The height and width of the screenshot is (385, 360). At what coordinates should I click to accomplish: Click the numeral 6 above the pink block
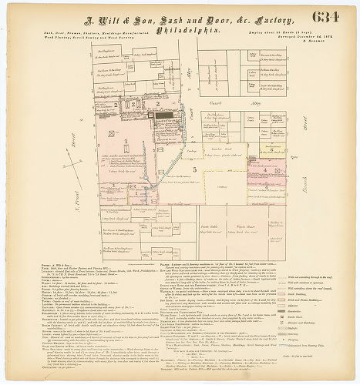(x=271, y=149)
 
